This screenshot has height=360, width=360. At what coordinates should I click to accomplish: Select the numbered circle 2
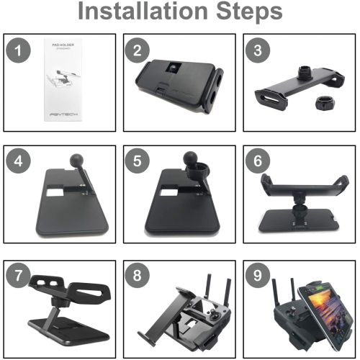[x=138, y=52]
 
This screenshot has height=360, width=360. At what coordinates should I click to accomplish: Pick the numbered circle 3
[x=256, y=52]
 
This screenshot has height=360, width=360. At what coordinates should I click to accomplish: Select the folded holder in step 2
[x=177, y=83]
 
